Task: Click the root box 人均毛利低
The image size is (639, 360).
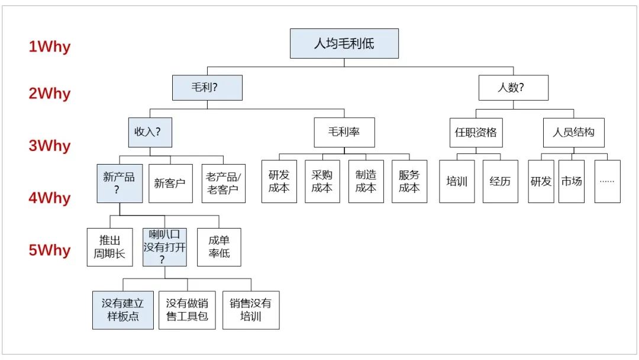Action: pos(344,44)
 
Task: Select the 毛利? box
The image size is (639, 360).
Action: pos(207,88)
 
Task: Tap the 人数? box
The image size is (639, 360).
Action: pos(513,88)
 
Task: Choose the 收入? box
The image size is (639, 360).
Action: pos(150,132)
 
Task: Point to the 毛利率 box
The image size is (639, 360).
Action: pos(344,132)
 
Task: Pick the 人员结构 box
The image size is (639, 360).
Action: pos(573,132)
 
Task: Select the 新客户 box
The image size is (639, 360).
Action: pos(170,184)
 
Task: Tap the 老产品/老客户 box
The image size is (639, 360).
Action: pos(223,184)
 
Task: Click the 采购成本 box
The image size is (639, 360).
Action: pos(322,182)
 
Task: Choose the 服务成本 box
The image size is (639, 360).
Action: pos(409,182)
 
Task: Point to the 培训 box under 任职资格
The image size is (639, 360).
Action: pos(457,182)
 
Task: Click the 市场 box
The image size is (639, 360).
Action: pos(571,182)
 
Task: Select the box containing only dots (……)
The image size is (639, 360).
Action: pos(607,182)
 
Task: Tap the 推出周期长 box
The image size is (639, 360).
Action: pos(109,247)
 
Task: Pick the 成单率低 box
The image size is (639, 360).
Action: pos(219,247)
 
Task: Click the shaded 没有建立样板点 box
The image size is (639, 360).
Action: pos(123,310)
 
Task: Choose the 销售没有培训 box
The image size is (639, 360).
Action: pos(251,310)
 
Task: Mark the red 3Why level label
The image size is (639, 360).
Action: pos(50,146)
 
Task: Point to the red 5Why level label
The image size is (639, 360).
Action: pos(50,250)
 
